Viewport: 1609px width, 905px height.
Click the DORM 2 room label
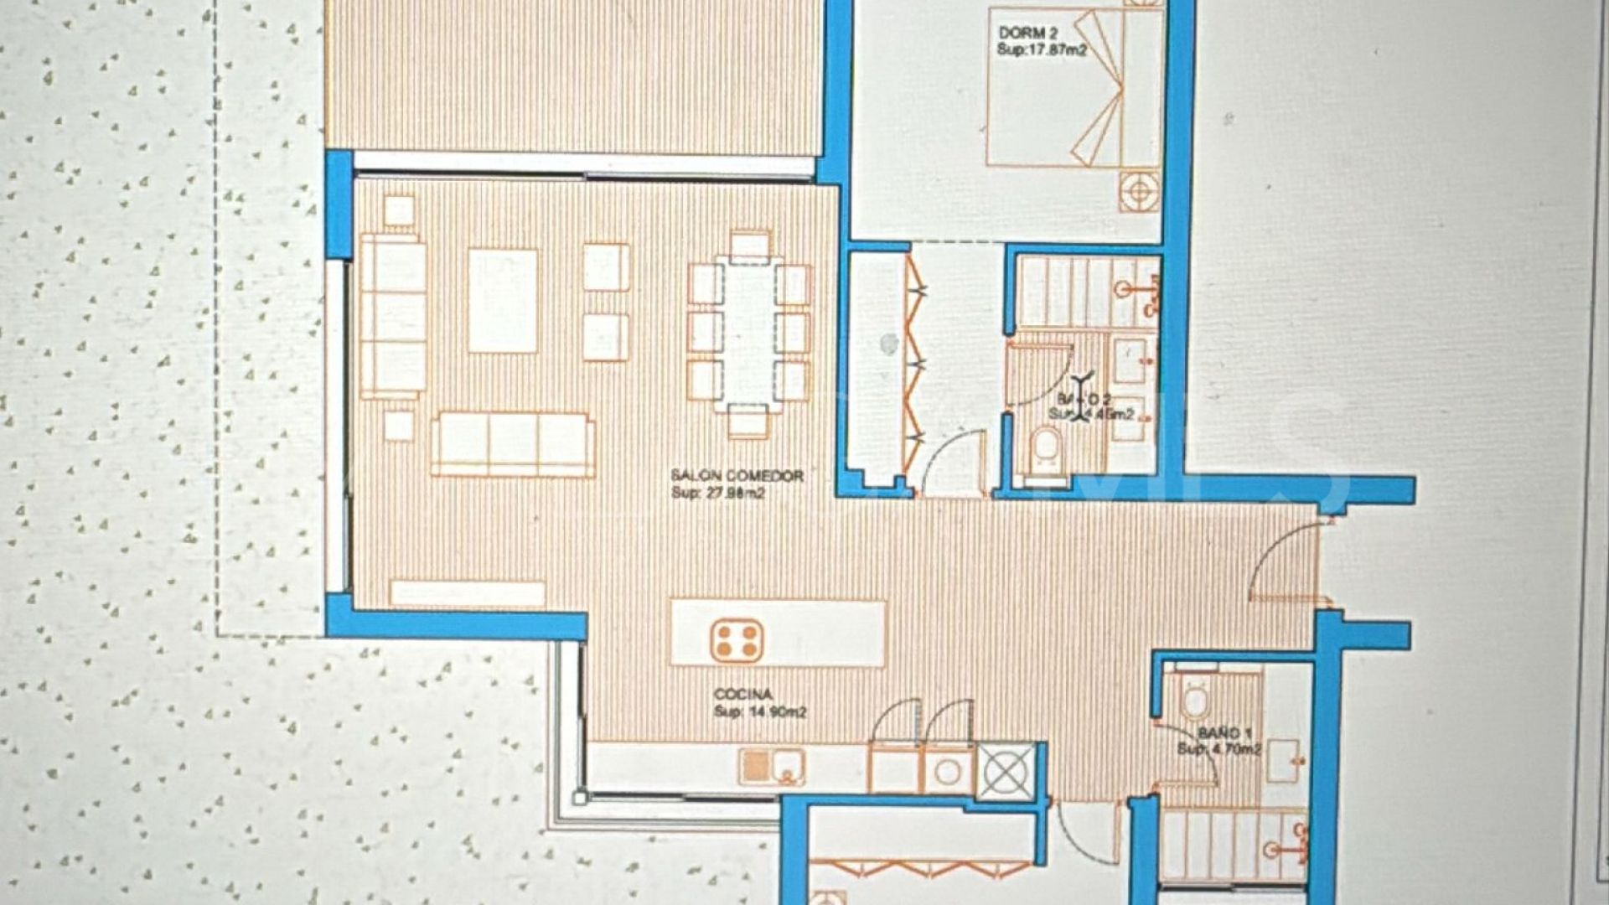1028,34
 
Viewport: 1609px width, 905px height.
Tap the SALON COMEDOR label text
737,476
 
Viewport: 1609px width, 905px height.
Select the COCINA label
742,695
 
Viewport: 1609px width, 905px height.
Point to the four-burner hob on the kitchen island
736,641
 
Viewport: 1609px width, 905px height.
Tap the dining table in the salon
749,334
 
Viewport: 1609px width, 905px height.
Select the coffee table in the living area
503,300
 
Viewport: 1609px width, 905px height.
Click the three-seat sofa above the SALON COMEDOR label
513,444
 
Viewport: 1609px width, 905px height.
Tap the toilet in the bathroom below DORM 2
1045,448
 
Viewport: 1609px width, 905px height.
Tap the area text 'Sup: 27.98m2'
718,493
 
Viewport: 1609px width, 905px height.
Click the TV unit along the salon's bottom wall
468,593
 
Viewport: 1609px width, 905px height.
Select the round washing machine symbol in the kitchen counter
949,771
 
